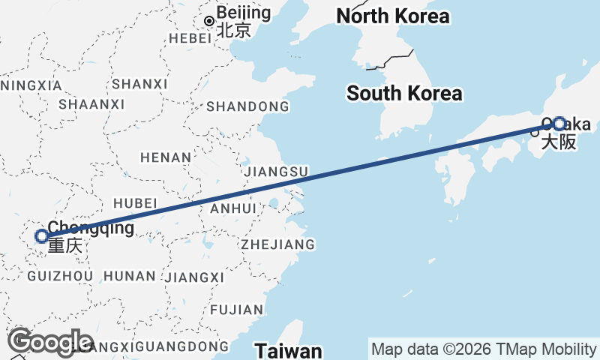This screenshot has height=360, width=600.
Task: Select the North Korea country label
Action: (x=393, y=16)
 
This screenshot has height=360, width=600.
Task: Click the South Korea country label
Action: (x=404, y=94)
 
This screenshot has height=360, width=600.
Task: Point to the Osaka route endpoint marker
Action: (x=559, y=124)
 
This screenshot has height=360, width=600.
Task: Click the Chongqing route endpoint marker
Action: (x=42, y=237)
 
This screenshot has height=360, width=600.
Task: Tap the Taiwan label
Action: (x=288, y=350)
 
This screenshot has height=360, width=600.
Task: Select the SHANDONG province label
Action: (x=247, y=106)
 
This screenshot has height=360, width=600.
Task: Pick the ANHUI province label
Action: (x=234, y=208)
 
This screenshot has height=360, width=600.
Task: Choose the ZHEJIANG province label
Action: (x=277, y=244)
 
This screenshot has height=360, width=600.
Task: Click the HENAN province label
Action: (x=165, y=157)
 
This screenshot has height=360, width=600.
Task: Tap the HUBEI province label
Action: (x=135, y=203)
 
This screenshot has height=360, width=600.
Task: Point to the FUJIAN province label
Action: (x=237, y=309)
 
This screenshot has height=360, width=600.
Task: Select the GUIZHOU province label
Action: (x=60, y=277)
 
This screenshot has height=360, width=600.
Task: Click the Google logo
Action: (x=49, y=342)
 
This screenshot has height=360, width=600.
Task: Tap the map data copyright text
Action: (x=484, y=349)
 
